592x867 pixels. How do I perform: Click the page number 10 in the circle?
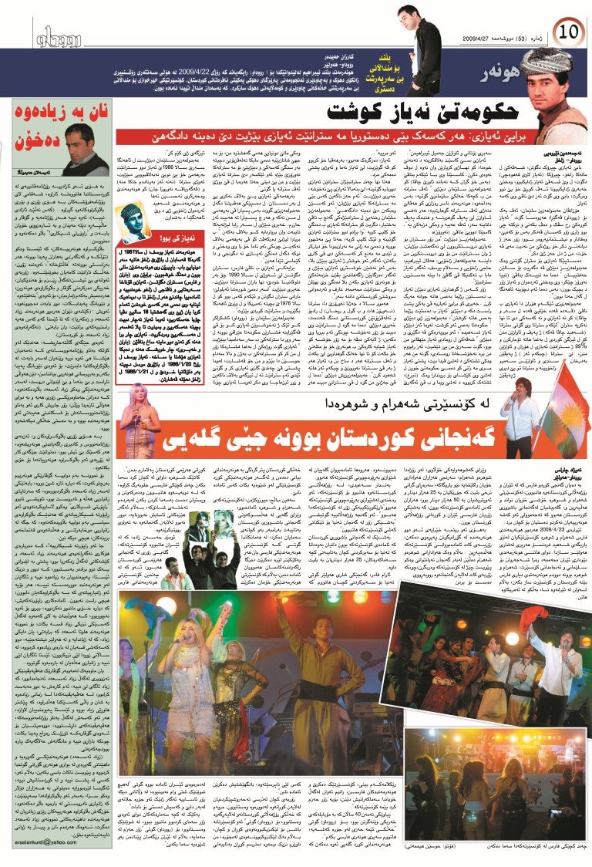click(x=570, y=32)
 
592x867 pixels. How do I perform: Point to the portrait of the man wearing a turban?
click(x=547, y=89)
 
